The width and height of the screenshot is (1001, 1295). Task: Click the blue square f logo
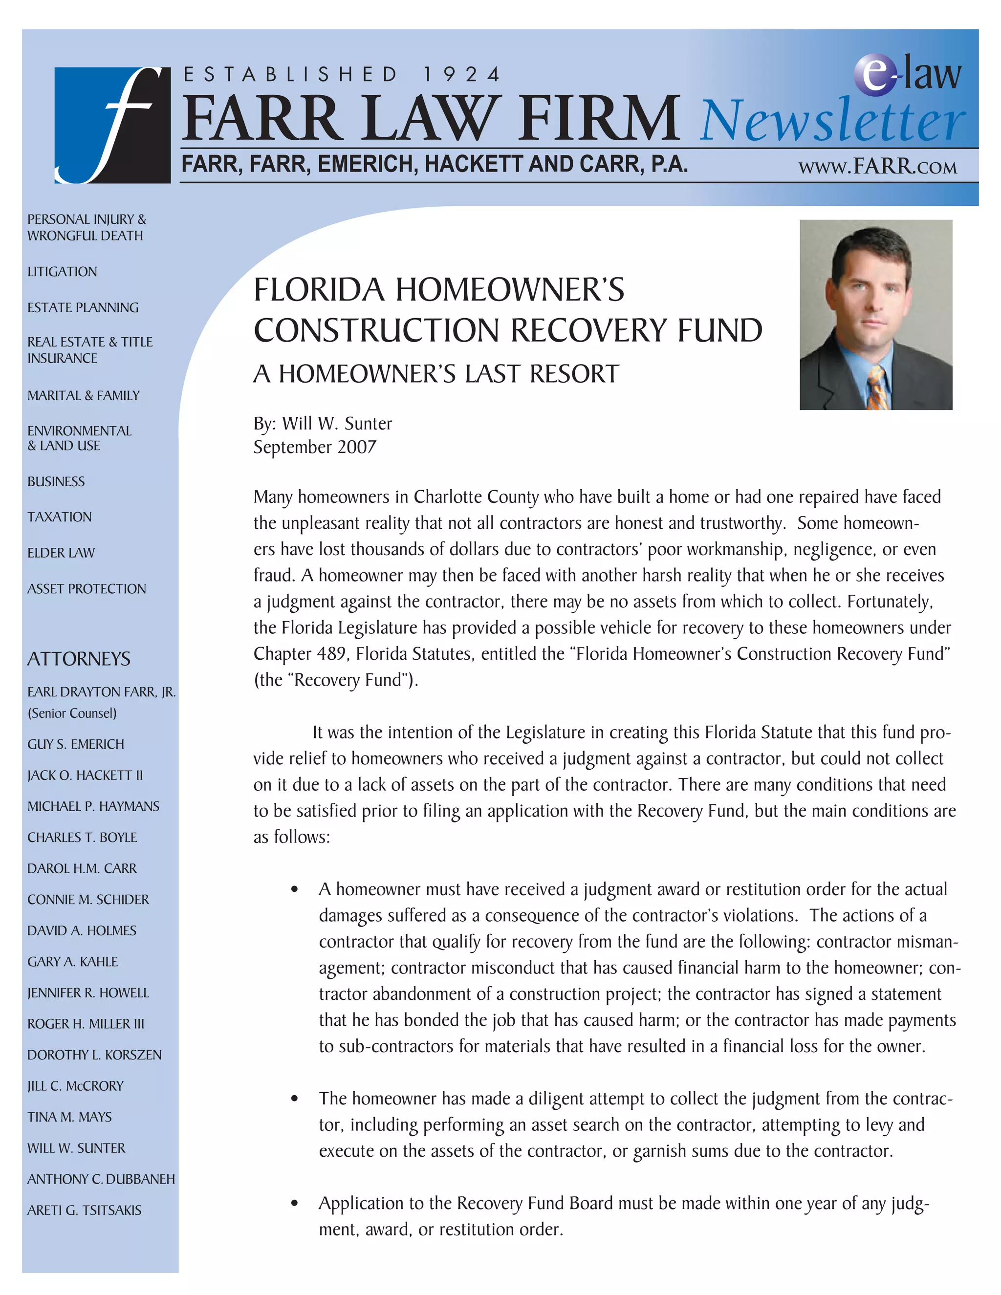point(112,125)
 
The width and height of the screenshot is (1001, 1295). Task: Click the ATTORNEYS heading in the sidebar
point(78,659)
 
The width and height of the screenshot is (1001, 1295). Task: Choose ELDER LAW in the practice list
point(61,553)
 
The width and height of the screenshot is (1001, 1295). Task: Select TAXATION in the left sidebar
point(59,517)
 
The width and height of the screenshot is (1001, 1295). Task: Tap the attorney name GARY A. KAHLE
point(72,961)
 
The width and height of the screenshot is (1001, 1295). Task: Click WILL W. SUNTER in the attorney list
point(76,1148)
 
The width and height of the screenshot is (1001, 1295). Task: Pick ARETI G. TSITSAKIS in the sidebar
point(84,1210)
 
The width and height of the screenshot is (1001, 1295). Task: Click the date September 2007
point(314,447)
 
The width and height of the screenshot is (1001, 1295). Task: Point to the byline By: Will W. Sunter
point(322,423)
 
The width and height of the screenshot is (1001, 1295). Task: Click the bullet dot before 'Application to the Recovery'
point(295,1204)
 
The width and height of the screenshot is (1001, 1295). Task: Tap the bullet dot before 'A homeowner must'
point(295,889)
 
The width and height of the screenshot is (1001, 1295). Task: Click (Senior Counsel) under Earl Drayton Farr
point(72,713)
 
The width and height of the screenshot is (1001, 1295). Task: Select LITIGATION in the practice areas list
point(62,272)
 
